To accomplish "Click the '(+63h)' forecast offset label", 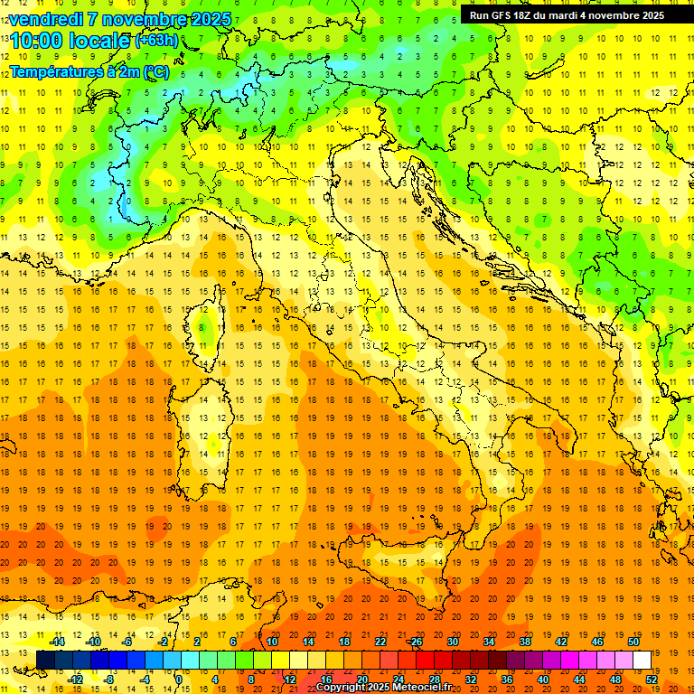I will [156, 41].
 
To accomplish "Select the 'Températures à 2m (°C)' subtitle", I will [89, 71].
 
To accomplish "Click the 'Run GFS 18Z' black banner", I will [567, 15].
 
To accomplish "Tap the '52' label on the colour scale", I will [652, 679].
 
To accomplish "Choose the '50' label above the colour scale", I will [633, 642].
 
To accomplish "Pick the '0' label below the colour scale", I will [179, 679].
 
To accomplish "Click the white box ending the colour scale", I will [642, 660].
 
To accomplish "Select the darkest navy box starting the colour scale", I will [45, 660].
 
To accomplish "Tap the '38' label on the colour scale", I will [525, 642].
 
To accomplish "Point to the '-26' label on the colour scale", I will [415, 642].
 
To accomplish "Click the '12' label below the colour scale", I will [290, 679].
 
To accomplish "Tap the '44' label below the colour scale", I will [579, 679].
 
